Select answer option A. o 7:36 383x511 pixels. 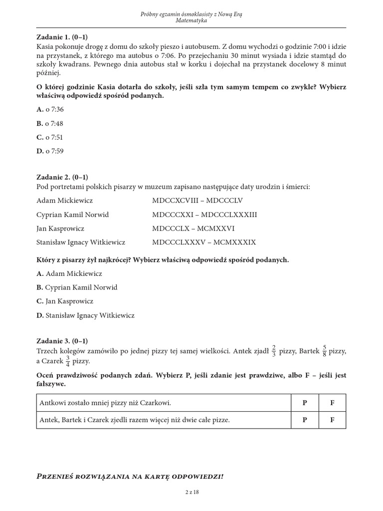tap(50, 109)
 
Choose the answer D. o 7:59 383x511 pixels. tap(50, 151)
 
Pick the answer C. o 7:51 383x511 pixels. tap(50, 137)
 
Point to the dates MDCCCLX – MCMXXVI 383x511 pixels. tap(193, 229)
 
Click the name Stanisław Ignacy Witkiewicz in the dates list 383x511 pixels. tap(81, 243)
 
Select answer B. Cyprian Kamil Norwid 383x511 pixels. tap(77, 287)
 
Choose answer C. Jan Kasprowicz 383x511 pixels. tap(65, 301)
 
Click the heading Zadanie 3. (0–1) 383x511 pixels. tap(62, 341)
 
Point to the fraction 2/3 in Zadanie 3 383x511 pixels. tap(274, 352)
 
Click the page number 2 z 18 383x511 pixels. tap(191, 492)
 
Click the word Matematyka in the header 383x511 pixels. tap(191, 21)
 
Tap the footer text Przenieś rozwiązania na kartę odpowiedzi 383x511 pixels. tap(130, 477)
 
